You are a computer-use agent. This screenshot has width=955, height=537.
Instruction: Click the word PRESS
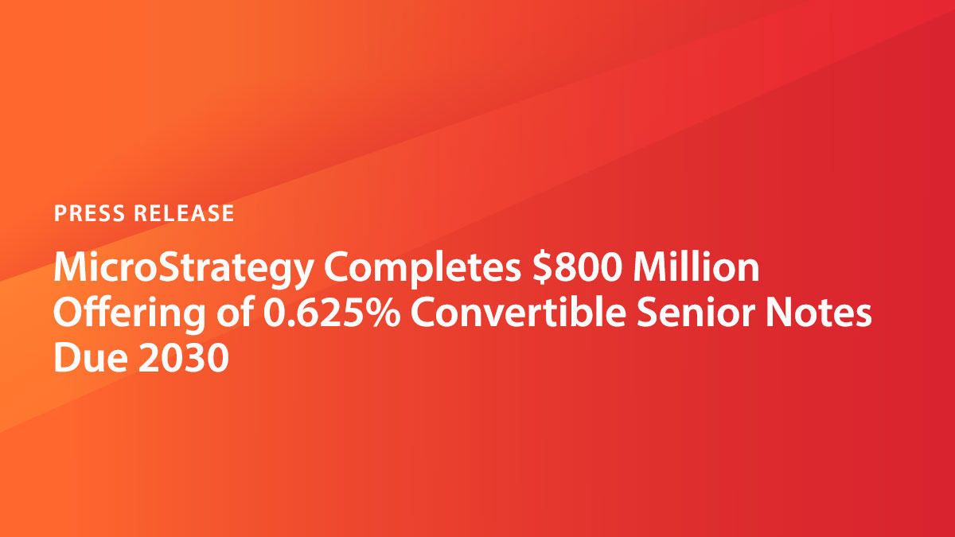pos(88,213)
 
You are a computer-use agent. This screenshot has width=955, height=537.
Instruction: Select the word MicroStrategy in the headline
pos(182,271)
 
